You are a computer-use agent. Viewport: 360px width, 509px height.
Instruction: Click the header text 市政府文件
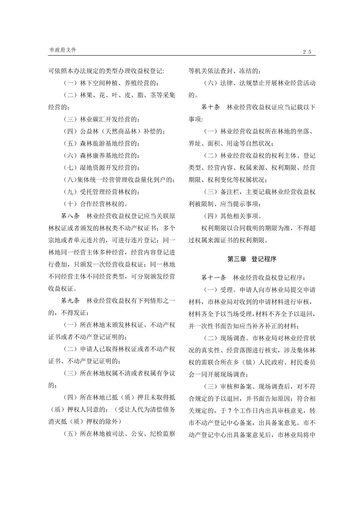(63, 50)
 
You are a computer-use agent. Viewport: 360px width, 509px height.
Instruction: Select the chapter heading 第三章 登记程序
(252, 259)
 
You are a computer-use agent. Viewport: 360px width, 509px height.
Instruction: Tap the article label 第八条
(70, 216)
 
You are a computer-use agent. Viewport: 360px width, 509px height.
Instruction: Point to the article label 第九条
(70, 300)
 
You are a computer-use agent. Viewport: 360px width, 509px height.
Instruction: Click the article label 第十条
(211, 107)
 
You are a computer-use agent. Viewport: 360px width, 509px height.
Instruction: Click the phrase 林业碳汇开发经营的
(109, 119)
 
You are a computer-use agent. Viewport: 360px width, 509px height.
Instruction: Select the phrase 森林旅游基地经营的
(109, 144)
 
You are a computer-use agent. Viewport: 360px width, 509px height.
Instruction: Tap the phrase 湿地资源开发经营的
(109, 167)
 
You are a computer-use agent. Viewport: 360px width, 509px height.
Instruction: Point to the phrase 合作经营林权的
(104, 204)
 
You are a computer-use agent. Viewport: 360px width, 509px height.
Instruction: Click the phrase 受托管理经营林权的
(109, 192)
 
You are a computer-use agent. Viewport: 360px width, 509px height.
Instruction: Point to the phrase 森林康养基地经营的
(109, 156)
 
